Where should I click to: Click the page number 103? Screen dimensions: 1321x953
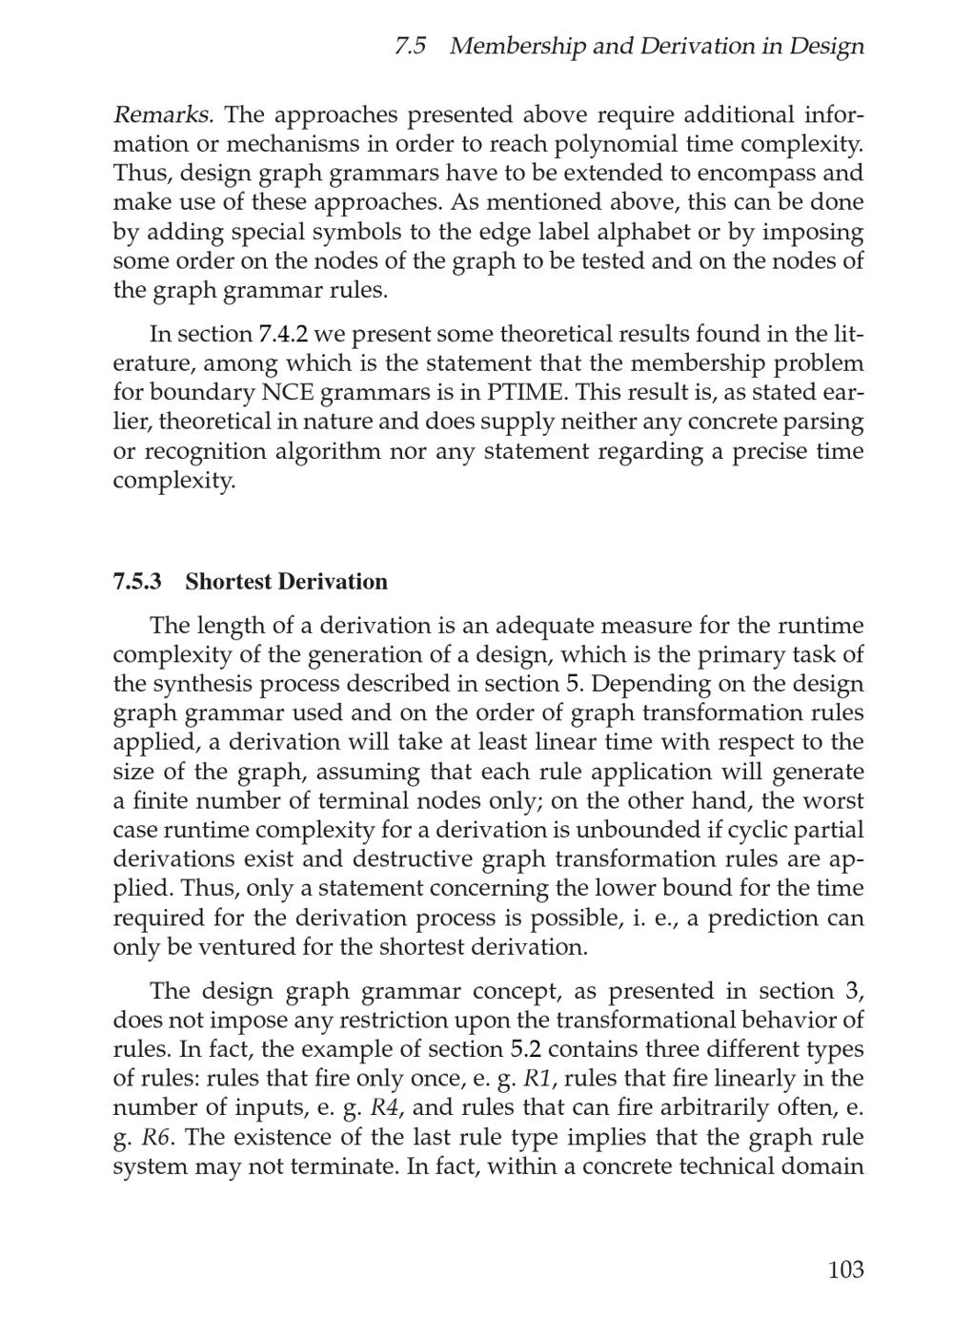[845, 1269]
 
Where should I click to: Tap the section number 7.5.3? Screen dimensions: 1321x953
[137, 582]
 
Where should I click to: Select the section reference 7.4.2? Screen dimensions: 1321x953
[283, 335]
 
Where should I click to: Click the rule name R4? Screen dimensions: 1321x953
[384, 1108]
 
